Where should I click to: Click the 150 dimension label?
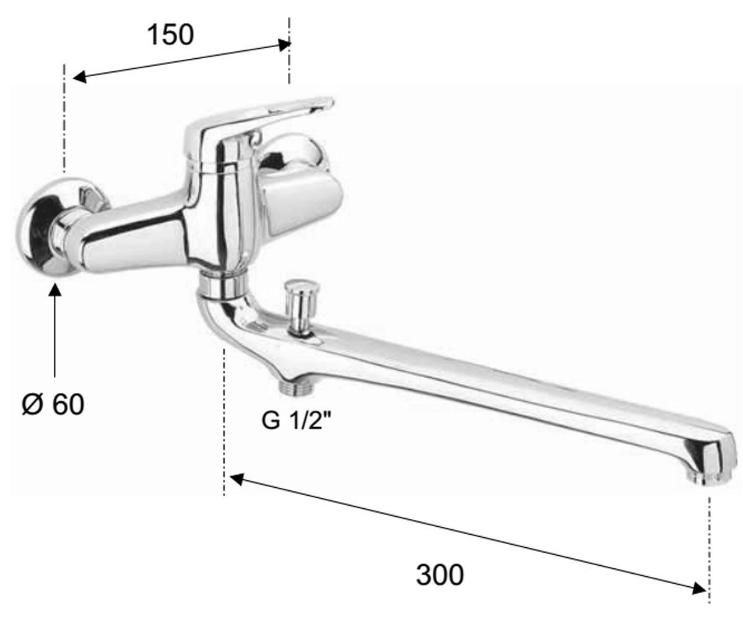point(170,35)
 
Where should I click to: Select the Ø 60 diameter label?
point(53,404)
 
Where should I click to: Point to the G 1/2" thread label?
point(296,420)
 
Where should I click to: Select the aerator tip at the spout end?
point(708,478)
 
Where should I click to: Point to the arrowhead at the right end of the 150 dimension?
point(285,45)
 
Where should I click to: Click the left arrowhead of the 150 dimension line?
point(80,77)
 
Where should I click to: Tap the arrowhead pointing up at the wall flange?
point(55,290)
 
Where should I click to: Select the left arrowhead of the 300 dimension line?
point(237,479)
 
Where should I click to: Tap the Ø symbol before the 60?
point(33,405)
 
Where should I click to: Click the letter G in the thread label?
point(271,420)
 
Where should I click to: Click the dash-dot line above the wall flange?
point(64,118)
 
